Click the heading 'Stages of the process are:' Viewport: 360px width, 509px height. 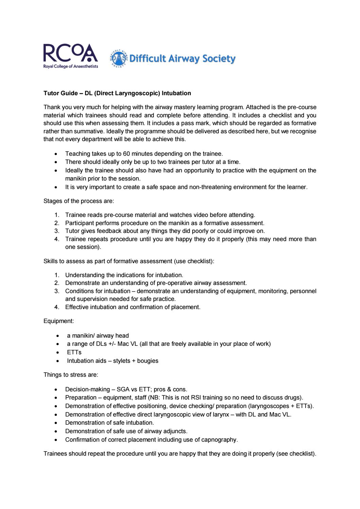click(x=79, y=201)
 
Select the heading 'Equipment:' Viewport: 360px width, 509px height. click(x=58, y=321)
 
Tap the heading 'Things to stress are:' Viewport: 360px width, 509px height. click(x=71, y=375)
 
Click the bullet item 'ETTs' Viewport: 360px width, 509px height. click(x=74, y=352)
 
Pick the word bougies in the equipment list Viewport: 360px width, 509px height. click(x=148, y=361)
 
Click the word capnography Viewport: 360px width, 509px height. click(x=220, y=440)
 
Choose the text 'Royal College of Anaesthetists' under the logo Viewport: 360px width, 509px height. click(x=70, y=66)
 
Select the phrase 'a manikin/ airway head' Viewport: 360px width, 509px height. click(x=98, y=336)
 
